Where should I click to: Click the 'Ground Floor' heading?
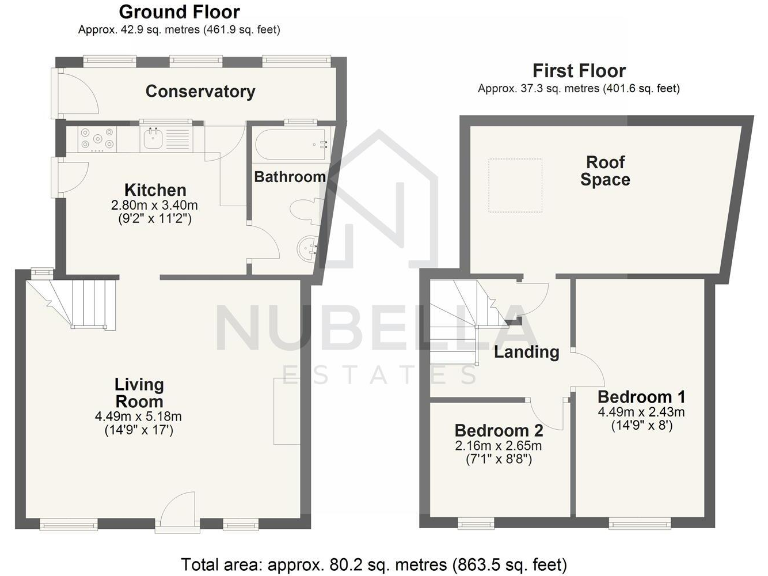click(x=179, y=12)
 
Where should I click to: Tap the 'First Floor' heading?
click(x=578, y=71)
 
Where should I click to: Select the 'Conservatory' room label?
click(x=200, y=92)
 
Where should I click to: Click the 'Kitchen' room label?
click(x=154, y=190)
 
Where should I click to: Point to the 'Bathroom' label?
click(x=289, y=177)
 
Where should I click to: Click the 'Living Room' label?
click(x=138, y=392)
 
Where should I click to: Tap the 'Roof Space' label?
click(x=606, y=171)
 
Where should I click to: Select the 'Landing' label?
click(x=526, y=352)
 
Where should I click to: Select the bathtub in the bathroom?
click(x=290, y=147)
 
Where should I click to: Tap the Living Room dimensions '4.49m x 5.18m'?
click(x=138, y=417)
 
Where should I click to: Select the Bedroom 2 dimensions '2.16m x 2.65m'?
click(x=497, y=446)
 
